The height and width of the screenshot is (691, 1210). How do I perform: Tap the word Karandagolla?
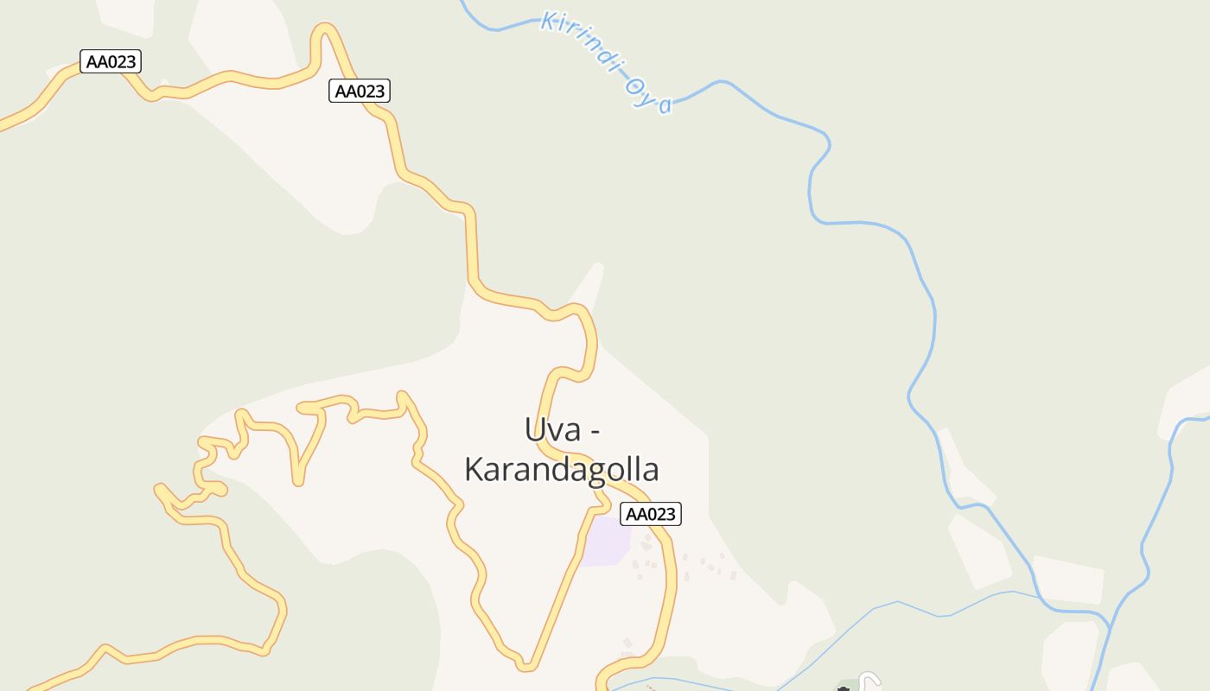click(x=562, y=470)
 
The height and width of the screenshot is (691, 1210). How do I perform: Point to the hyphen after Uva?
click(x=595, y=430)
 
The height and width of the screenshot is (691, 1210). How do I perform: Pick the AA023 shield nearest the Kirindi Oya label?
click(x=360, y=91)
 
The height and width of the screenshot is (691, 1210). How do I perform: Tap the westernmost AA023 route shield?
click(x=111, y=61)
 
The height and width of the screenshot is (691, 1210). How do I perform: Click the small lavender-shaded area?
click(x=604, y=542)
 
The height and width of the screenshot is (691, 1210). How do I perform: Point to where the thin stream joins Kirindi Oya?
click(x=1040, y=595)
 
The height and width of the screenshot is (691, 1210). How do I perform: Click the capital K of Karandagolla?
click(x=474, y=470)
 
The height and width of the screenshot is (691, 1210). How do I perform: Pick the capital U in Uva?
click(x=535, y=429)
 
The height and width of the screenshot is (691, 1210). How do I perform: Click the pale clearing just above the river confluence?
click(x=1068, y=579)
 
